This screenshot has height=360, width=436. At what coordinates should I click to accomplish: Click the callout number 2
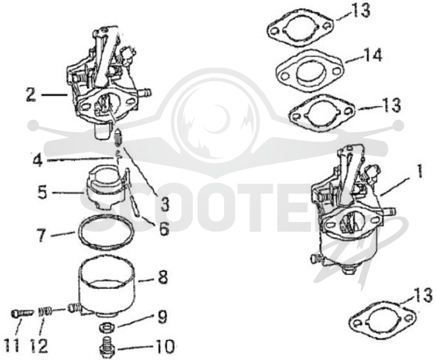click(32, 95)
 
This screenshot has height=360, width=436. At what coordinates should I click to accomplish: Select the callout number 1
click(419, 171)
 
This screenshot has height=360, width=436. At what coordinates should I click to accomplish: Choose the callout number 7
click(42, 236)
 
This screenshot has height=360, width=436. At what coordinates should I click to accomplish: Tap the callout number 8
click(162, 277)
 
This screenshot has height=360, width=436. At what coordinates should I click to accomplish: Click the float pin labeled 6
click(134, 205)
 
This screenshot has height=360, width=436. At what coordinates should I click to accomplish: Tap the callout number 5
click(43, 193)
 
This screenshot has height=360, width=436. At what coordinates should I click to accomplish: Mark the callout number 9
click(162, 316)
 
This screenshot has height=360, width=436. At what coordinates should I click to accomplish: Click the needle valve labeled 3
click(119, 137)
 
